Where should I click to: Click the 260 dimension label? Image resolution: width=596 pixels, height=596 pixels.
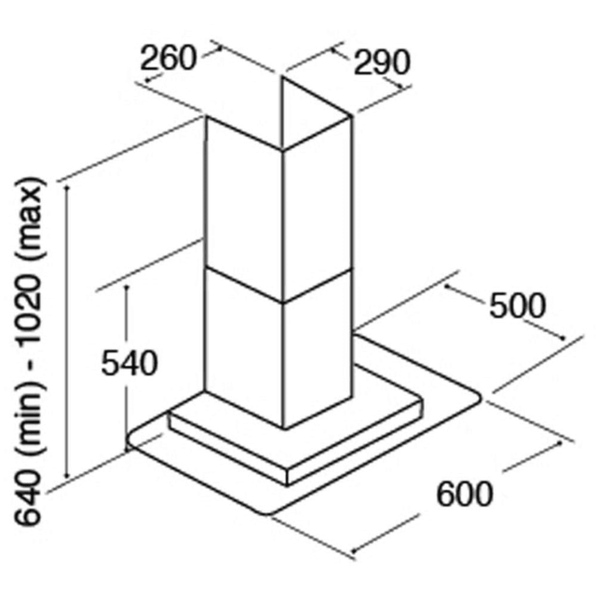point(169,59)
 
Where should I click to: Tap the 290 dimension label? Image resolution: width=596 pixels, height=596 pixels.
point(382,62)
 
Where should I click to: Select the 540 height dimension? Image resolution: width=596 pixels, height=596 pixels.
point(129,363)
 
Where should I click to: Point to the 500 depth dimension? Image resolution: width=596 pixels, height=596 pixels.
point(518,305)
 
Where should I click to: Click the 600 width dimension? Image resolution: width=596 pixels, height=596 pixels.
point(465,494)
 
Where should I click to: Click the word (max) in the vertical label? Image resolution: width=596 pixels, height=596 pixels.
point(30,217)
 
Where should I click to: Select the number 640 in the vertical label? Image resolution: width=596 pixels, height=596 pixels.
point(27,498)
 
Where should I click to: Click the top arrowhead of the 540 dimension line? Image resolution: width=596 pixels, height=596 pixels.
point(127,288)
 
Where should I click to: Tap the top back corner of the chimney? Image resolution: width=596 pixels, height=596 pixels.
point(282,77)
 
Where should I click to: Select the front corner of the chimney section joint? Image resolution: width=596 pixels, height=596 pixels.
point(283,303)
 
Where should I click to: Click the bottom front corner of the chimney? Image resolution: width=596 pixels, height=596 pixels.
point(284,428)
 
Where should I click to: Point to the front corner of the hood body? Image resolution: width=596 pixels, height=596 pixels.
point(288,471)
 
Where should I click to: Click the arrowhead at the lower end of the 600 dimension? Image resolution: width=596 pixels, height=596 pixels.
point(354,550)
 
